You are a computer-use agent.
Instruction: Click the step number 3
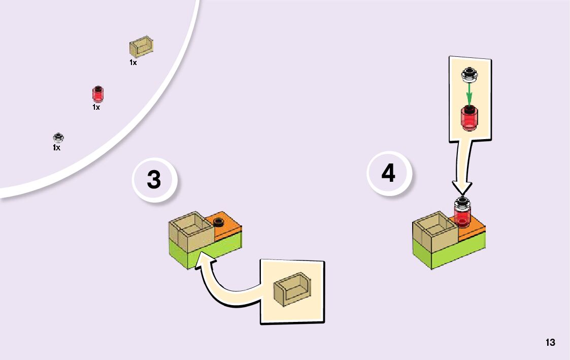click(154, 180)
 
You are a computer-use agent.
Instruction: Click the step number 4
click(388, 173)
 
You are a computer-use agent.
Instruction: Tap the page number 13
click(550, 342)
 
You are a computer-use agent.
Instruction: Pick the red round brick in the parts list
click(97, 94)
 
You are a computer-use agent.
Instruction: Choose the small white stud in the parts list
click(58, 138)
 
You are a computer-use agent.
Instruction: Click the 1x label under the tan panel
click(133, 63)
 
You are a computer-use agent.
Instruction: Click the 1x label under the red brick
click(96, 108)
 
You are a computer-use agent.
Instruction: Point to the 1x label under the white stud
click(56, 148)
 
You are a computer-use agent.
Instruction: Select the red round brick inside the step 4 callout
click(470, 118)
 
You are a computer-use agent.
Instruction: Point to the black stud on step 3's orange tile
click(219, 221)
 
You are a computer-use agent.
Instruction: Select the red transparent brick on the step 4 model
click(463, 215)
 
